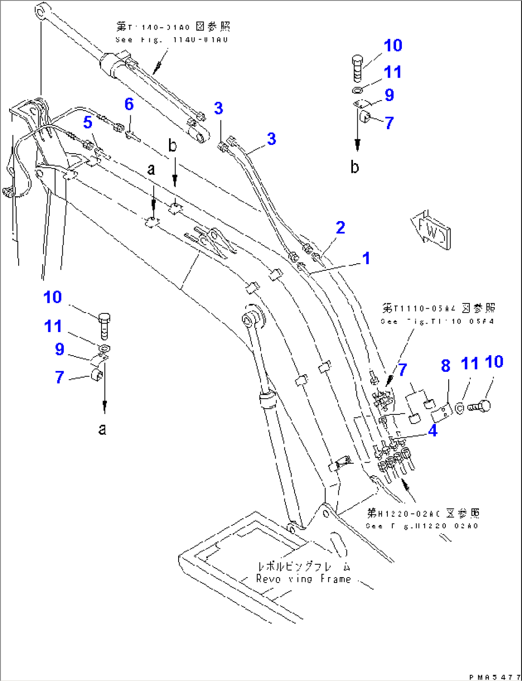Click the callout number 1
tap(366, 258)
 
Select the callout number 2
tap(340, 227)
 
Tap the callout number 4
tap(432, 431)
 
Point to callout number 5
tap(88, 123)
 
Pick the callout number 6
tap(129, 104)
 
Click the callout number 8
tap(445, 366)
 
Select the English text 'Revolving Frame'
tap(304, 579)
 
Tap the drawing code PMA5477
tap(494, 677)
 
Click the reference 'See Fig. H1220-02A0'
tap(422, 526)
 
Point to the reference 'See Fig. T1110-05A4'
tap(437, 321)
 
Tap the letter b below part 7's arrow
tap(354, 167)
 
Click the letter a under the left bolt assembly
tap(102, 429)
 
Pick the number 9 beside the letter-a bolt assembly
tap(59, 349)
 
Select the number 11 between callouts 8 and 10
tap(469, 364)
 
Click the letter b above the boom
tap(173, 146)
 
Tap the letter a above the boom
tap(151, 169)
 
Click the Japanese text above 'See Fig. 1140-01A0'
tap(173, 26)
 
